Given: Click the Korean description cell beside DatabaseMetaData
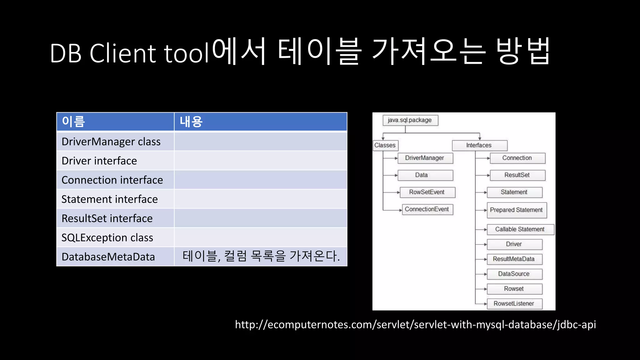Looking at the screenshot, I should (261, 256).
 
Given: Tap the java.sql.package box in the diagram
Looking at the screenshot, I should (410, 120).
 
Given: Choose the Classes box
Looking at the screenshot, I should (385, 145).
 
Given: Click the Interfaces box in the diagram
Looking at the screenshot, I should (479, 145).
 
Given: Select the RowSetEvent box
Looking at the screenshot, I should (427, 192).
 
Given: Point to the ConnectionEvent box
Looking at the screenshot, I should (427, 209).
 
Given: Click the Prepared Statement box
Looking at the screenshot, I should (516, 210).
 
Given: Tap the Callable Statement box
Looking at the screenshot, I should (520, 229).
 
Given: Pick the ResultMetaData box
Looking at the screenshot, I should (514, 259).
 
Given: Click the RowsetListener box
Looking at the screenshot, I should (514, 304).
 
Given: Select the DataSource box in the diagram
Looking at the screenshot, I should (514, 274).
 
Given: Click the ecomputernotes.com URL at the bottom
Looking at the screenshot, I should (415, 325).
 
